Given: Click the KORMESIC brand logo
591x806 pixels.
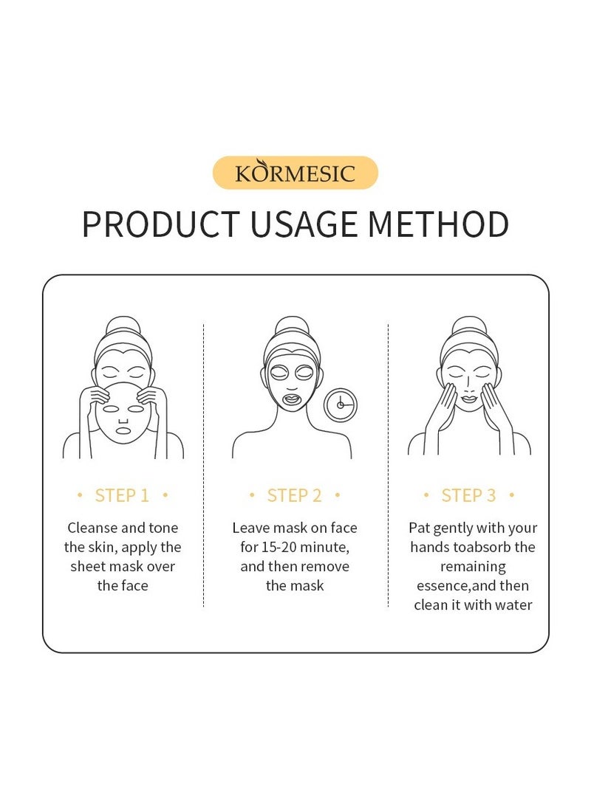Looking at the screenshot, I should pos(295,173).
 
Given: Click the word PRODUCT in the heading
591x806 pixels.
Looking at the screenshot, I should pos(160,224).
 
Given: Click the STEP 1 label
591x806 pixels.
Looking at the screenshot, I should pos(122,495).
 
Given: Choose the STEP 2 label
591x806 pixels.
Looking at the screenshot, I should pos(295,495).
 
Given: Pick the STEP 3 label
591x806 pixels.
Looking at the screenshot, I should pos(469,495).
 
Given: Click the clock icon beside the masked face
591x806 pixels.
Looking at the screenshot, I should pos(341,405).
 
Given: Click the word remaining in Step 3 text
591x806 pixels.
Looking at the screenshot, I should pos(473,566).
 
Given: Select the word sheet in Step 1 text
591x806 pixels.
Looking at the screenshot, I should pos(89,566).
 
